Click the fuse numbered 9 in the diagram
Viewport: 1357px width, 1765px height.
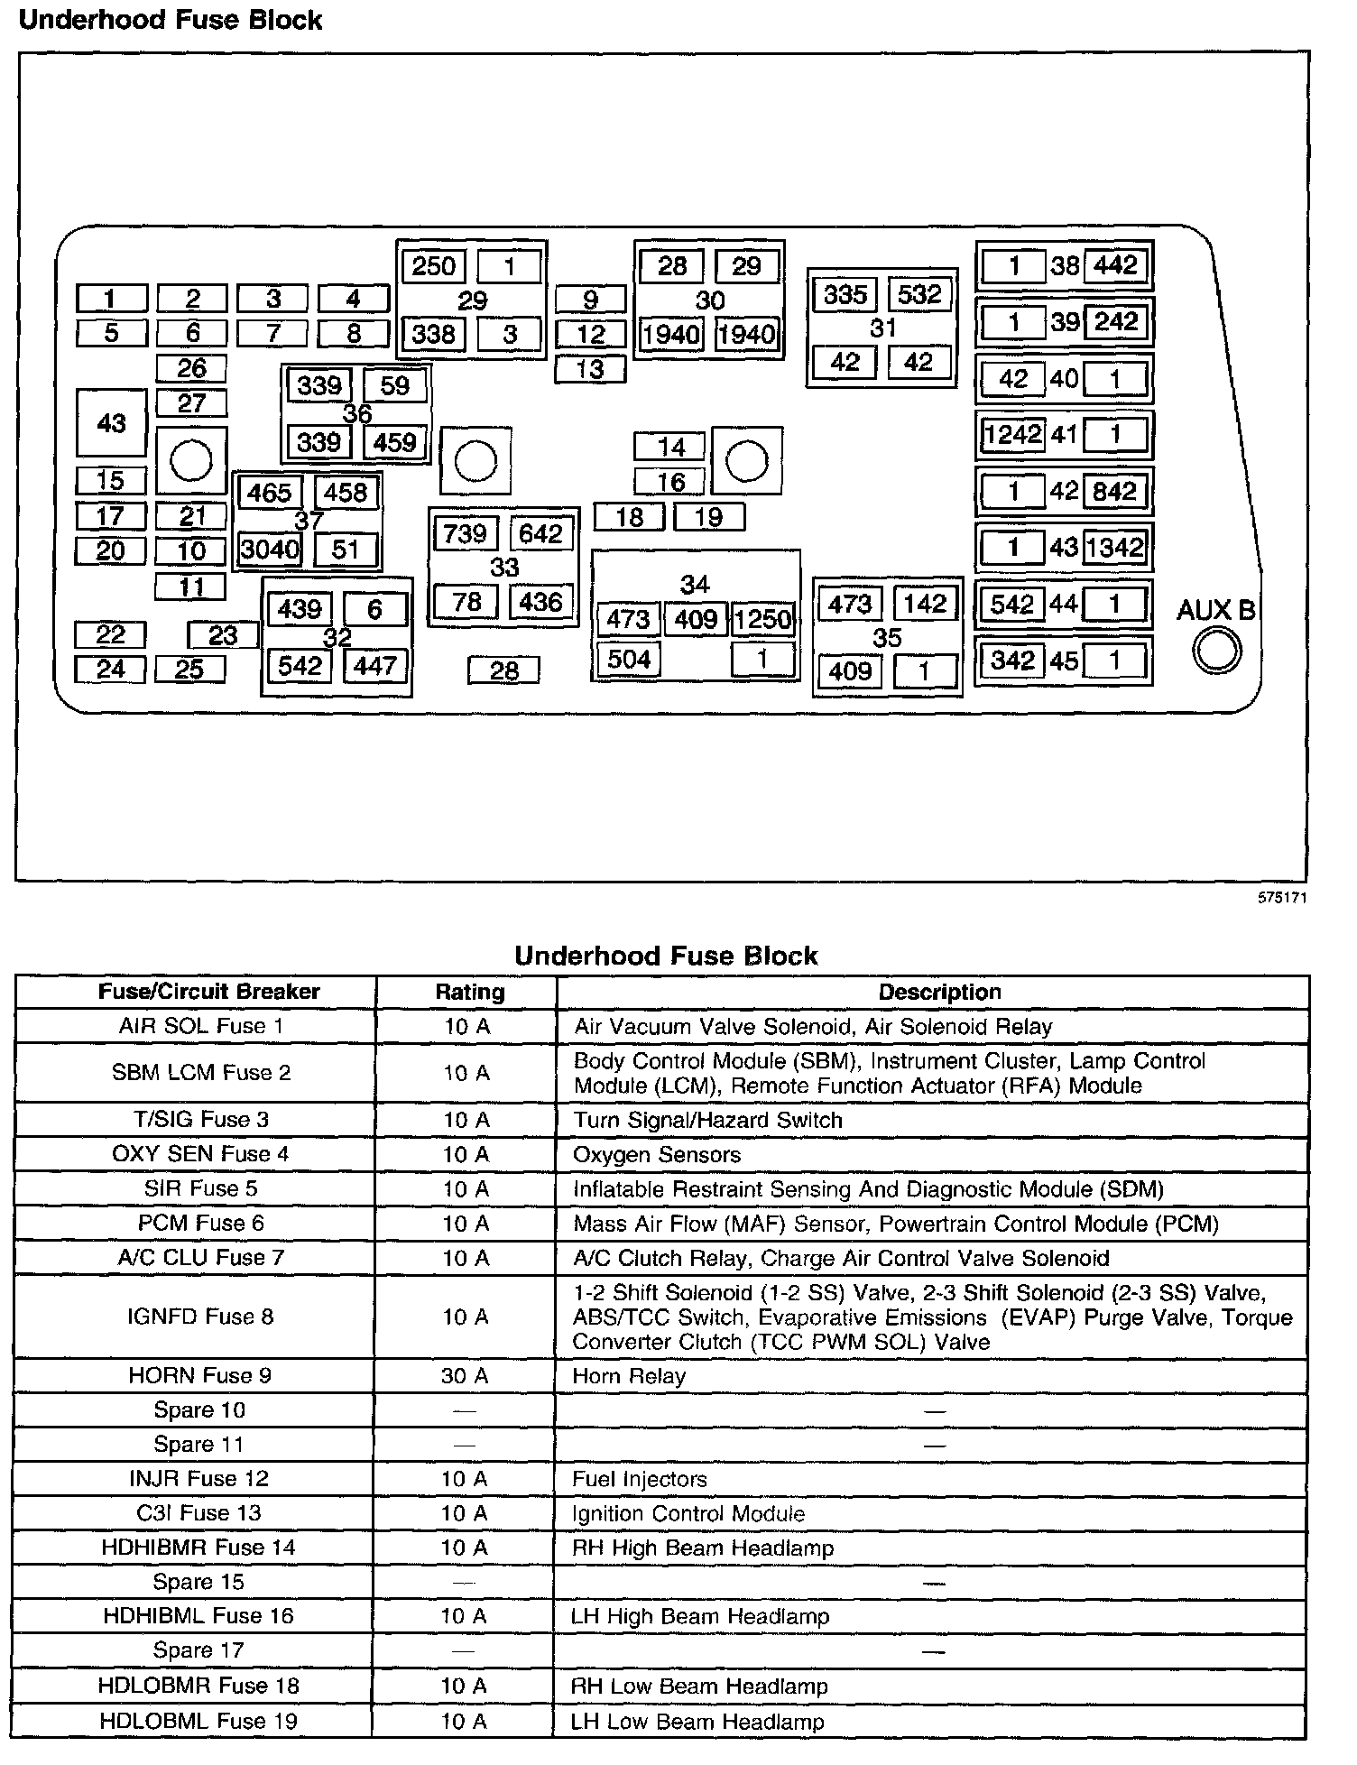click(x=590, y=299)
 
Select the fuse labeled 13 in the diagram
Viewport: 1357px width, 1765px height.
click(x=590, y=369)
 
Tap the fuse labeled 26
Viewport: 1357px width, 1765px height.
click(x=191, y=368)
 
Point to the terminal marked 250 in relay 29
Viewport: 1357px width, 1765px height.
click(x=434, y=266)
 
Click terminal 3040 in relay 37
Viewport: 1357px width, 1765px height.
click(x=270, y=550)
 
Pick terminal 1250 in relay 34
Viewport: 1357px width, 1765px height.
click(x=762, y=619)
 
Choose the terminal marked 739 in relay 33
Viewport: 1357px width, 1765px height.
click(x=466, y=533)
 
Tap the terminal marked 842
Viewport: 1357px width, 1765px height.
click(x=1114, y=491)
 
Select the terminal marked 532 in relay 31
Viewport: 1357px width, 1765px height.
click(x=919, y=294)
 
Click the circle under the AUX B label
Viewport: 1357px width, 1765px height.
click(x=1216, y=650)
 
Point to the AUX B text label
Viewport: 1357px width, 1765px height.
click(x=1215, y=611)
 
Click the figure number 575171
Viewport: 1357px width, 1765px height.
click(x=1283, y=898)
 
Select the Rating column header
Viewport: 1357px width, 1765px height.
click(x=469, y=993)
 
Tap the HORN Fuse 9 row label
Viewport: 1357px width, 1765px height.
click(x=199, y=1376)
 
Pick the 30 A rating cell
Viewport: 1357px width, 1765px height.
click(x=466, y=1376)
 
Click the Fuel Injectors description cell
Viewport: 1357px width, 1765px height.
click(x=640, y=1479)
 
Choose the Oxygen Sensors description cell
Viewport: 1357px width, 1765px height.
click(x=657, y=1155)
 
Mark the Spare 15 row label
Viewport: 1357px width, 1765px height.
click(x=198, y=1582)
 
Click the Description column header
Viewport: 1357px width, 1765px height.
click(x=939, y=993)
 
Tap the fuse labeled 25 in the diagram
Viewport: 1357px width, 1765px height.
click(x=189, y=670)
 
